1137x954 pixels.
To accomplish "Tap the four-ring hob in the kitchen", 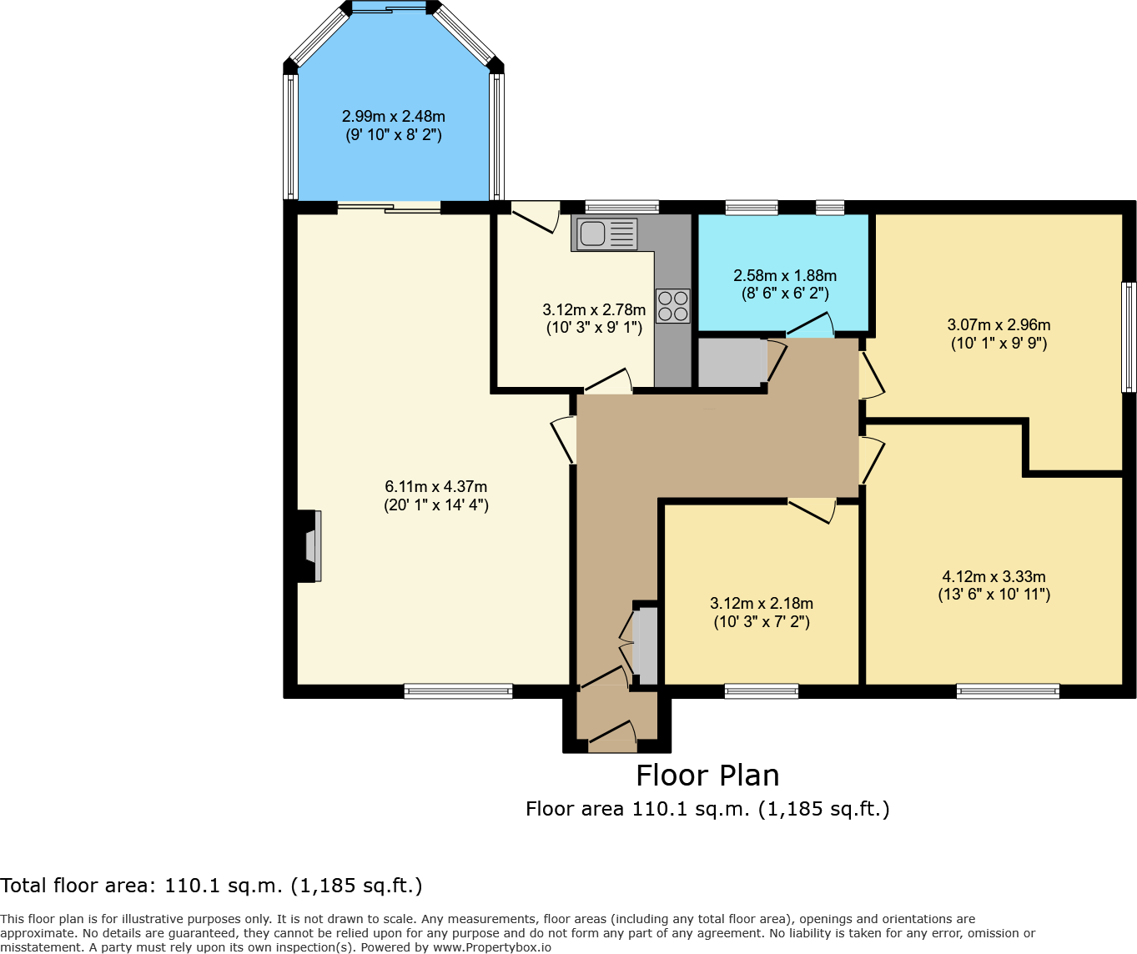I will click(x=672, y=305).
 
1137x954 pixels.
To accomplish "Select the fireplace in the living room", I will click(x=309, y=546).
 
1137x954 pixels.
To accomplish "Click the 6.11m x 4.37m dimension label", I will click(x=436, y=495).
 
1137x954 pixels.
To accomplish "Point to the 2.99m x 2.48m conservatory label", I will click(x=394, y=125).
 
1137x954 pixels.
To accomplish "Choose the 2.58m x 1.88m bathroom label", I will click(x=785, y=284).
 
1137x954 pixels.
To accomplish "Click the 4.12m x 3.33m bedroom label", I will click(x=994, y=585).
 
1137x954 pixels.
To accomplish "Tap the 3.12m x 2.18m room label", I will click(x=762, y=612).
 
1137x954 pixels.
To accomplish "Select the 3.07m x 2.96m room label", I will click(x=999, y=334).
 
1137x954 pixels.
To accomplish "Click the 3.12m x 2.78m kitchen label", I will click(x=594, y=319).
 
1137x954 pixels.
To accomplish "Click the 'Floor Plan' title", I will click(x=707, y=776).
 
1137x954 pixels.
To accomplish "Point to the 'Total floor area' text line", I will click(x=211, y=886).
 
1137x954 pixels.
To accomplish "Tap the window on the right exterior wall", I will click(x=1128, y=337).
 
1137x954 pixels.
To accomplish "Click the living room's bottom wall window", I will click(x=458, y=690).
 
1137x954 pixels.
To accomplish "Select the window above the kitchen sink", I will click(x=621, y=208).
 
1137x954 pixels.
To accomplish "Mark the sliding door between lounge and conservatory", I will click(x=389, y=208).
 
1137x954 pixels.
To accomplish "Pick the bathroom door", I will click(x=809, y=326).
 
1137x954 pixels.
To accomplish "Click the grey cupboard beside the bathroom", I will click(x=731, y=363).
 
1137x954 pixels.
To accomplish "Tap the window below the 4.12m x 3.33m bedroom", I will click(x=1008, y=690).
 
